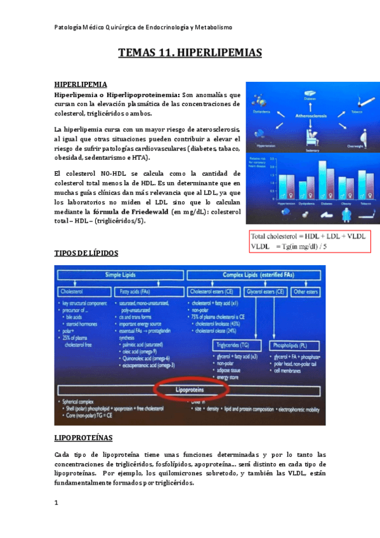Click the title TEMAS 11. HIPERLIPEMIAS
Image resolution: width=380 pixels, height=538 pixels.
[190, 53]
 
